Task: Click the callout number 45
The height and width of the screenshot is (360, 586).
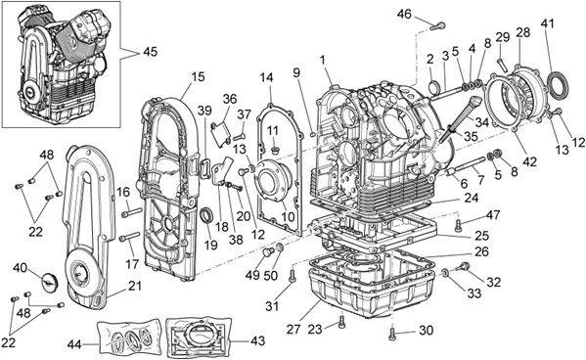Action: point(150,51)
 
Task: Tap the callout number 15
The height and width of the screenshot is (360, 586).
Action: point(198,76)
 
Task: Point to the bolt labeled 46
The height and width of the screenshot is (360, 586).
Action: point(438,26)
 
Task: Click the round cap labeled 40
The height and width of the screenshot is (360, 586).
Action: point(49,280)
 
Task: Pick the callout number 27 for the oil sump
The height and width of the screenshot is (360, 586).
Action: point(293,330)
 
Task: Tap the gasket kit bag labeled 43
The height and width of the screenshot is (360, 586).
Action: point(198,337)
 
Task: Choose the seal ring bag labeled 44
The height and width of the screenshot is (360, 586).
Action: point(129,337)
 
